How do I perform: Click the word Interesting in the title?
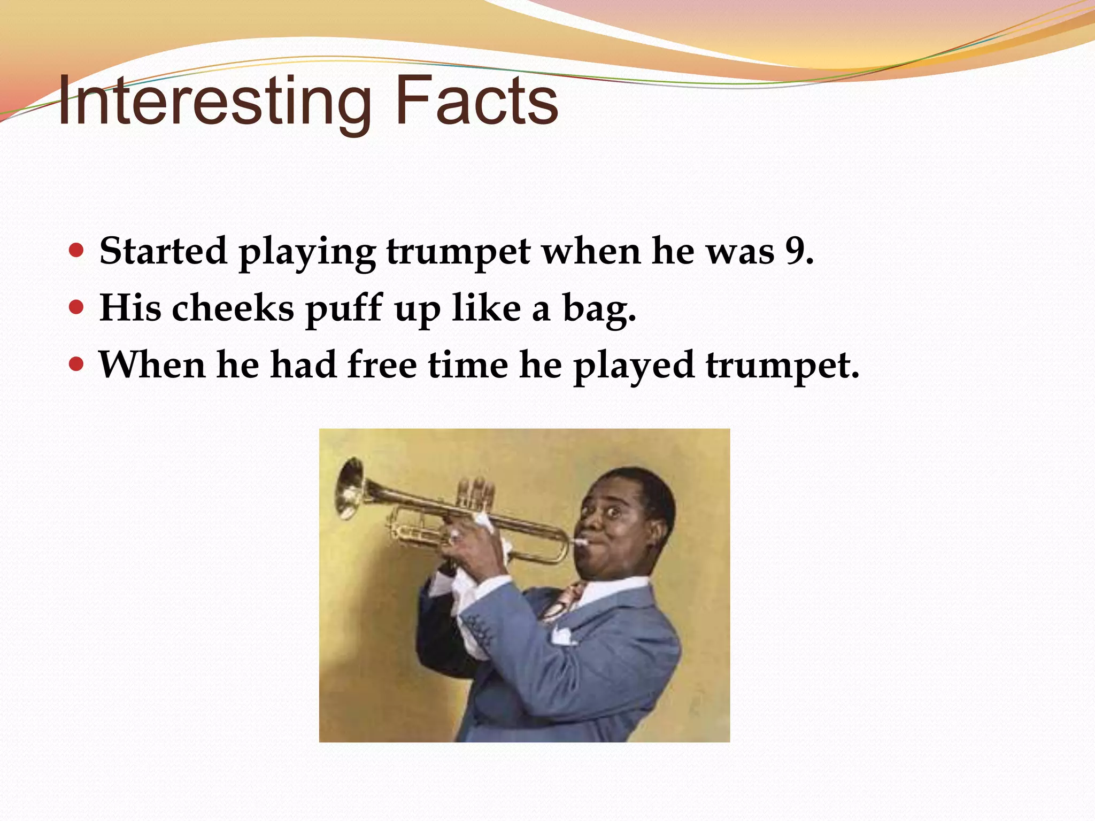214,102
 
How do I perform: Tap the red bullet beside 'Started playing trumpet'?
77,250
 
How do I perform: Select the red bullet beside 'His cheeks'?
77,307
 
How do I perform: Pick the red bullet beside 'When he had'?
77,365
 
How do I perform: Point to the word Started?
163,250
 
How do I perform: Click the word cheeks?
233,308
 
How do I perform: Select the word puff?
344,309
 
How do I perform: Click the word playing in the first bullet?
307,252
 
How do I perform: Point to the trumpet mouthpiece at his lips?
580,542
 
